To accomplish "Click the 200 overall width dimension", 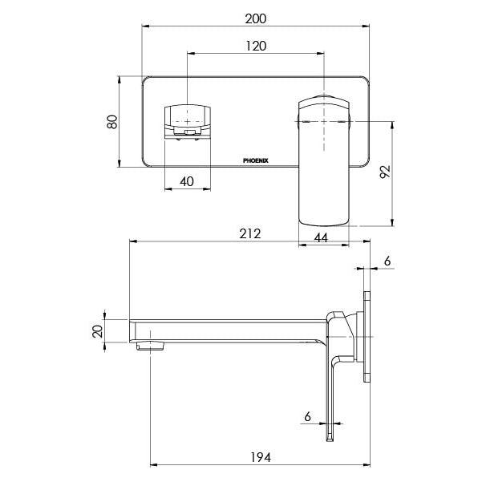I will coord(256,17).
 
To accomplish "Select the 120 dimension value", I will coord(256,46).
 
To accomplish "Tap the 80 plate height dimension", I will coord(113,122).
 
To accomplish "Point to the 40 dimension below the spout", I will coord(186,181).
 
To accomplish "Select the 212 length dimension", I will coord(249,233).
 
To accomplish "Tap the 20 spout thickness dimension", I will coord(97,330).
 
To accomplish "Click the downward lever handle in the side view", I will coord(330,385).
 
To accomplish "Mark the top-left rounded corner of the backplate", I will coord(147,80).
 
